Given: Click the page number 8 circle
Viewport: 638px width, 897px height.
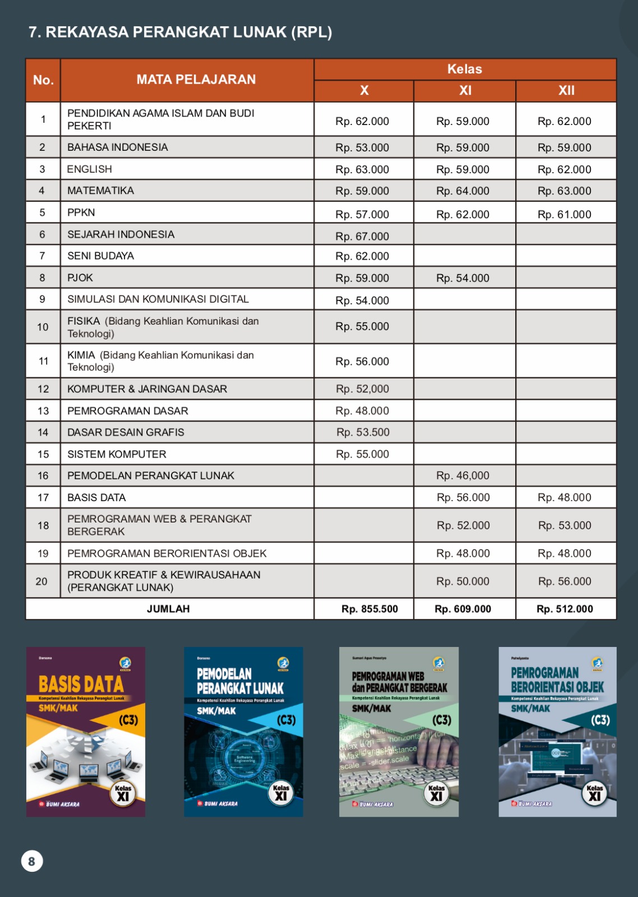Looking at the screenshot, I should click(x=32, y=861).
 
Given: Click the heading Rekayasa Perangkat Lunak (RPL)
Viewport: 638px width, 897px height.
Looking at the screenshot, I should click(x=180, y=32).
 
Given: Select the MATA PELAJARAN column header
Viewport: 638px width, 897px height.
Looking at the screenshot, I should click(x=196, y=80).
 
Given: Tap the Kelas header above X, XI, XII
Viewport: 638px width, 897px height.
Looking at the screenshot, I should click(x=464, y=69).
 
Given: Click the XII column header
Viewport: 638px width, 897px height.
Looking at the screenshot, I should click(x=566, y=90).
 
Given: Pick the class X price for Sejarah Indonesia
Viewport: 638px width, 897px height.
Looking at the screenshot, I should click(x=362, y=236).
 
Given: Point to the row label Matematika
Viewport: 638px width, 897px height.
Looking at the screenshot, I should click(x=100, y=191).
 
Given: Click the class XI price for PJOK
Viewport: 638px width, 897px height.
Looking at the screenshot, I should click(x=463, y=278).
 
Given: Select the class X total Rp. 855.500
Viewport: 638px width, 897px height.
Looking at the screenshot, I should click(x=369, y=609).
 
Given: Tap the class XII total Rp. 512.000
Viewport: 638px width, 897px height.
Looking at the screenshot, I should click(x=565, y=609).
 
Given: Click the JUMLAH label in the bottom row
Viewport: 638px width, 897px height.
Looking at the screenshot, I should click(x=168, y=609).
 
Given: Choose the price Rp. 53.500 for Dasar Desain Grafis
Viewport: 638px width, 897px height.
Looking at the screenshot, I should click(x=363, y=432).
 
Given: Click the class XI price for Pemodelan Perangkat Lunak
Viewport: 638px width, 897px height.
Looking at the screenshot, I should click(x=463, y=475).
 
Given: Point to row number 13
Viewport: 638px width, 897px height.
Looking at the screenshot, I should click(x=43, y=411).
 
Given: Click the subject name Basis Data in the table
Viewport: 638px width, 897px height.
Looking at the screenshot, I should click(x=96, y=497).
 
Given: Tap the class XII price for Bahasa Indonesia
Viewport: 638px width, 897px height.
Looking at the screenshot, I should click(x=564, y=147).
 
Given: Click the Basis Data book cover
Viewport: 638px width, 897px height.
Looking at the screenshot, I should click(x=85, y=732).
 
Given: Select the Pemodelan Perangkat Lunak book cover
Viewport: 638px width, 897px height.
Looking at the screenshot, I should click(x=243, y=732).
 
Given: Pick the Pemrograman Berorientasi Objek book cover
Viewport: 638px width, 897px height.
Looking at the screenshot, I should click(x=557, y=732).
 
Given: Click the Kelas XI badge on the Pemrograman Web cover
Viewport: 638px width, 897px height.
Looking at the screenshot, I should click(x=437, y=794).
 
